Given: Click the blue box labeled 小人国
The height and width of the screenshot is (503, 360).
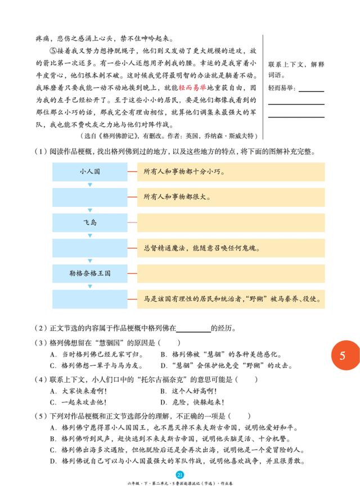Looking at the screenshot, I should [90, 171].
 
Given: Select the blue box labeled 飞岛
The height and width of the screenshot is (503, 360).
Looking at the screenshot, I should [90, 223].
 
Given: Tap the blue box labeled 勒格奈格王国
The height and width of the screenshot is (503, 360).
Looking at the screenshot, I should [90, 273].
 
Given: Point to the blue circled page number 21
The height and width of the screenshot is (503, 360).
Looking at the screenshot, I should [179, 475].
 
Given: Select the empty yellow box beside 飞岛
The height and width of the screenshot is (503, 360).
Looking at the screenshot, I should [231, 223].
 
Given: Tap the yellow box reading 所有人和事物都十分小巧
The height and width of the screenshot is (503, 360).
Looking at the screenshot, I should [231, 171].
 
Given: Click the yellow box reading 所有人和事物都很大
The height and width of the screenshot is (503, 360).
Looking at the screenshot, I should [231, 197].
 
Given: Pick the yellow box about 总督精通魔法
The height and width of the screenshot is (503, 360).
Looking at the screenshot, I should [231, 248].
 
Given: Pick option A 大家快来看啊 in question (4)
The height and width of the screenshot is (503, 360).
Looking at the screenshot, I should [79, 391].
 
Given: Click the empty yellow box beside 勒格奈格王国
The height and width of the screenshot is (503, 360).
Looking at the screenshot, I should [231, 273].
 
